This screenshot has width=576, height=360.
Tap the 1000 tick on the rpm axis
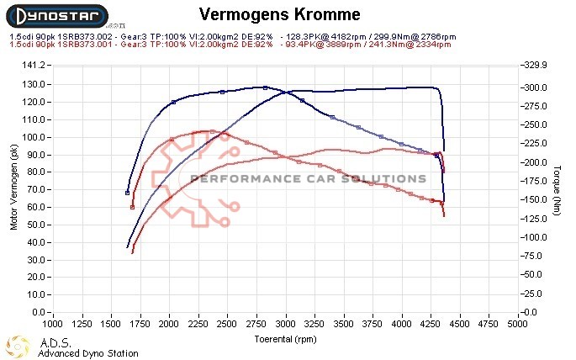coord(53,323)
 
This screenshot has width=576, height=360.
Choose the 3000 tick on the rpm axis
coord(286,323)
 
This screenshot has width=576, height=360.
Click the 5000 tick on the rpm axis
coord(517,323)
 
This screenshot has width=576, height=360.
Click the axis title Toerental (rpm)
coord(286,339)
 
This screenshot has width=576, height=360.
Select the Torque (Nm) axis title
coord(558,188)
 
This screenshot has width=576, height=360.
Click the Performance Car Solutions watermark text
coord(309,178)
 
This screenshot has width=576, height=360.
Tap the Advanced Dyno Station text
coord(87,353)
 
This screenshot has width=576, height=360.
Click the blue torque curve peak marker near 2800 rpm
coord(265,87)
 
